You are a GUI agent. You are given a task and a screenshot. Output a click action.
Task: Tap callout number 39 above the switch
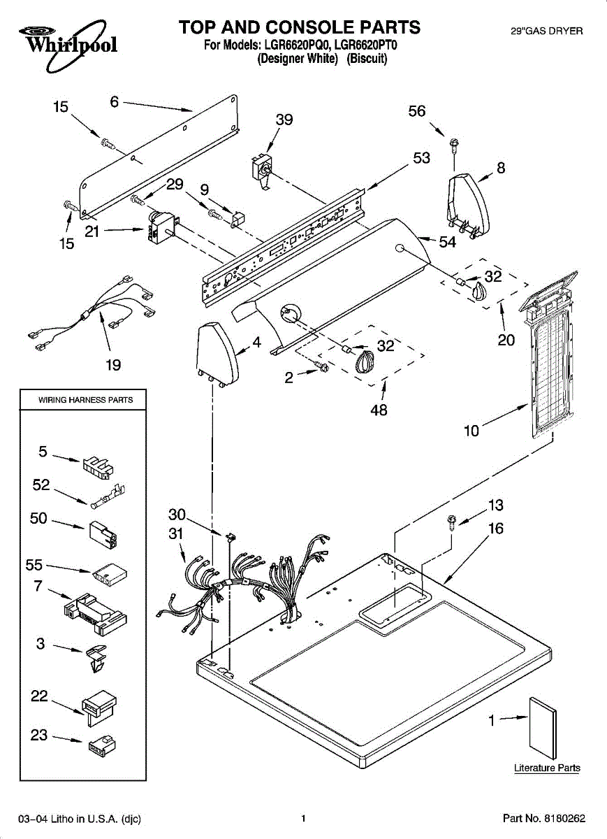(284, 120)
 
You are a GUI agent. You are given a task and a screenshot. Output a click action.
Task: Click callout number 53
(421, 158)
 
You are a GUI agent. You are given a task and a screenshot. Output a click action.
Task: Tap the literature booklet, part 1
(543, 728)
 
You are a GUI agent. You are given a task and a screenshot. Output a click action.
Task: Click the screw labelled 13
(452, 522)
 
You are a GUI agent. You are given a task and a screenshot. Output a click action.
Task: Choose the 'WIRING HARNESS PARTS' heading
(86, 400)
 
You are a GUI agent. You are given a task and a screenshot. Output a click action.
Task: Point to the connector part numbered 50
(103, 535)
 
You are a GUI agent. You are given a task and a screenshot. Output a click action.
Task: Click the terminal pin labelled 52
(108, 496)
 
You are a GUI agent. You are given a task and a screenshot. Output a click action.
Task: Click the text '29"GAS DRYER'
(547, 31)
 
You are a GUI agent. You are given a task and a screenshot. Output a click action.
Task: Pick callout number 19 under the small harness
(113, 365)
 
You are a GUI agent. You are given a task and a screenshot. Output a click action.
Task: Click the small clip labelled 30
(232, 536)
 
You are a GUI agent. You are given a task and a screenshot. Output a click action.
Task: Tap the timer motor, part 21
(161, 228)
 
